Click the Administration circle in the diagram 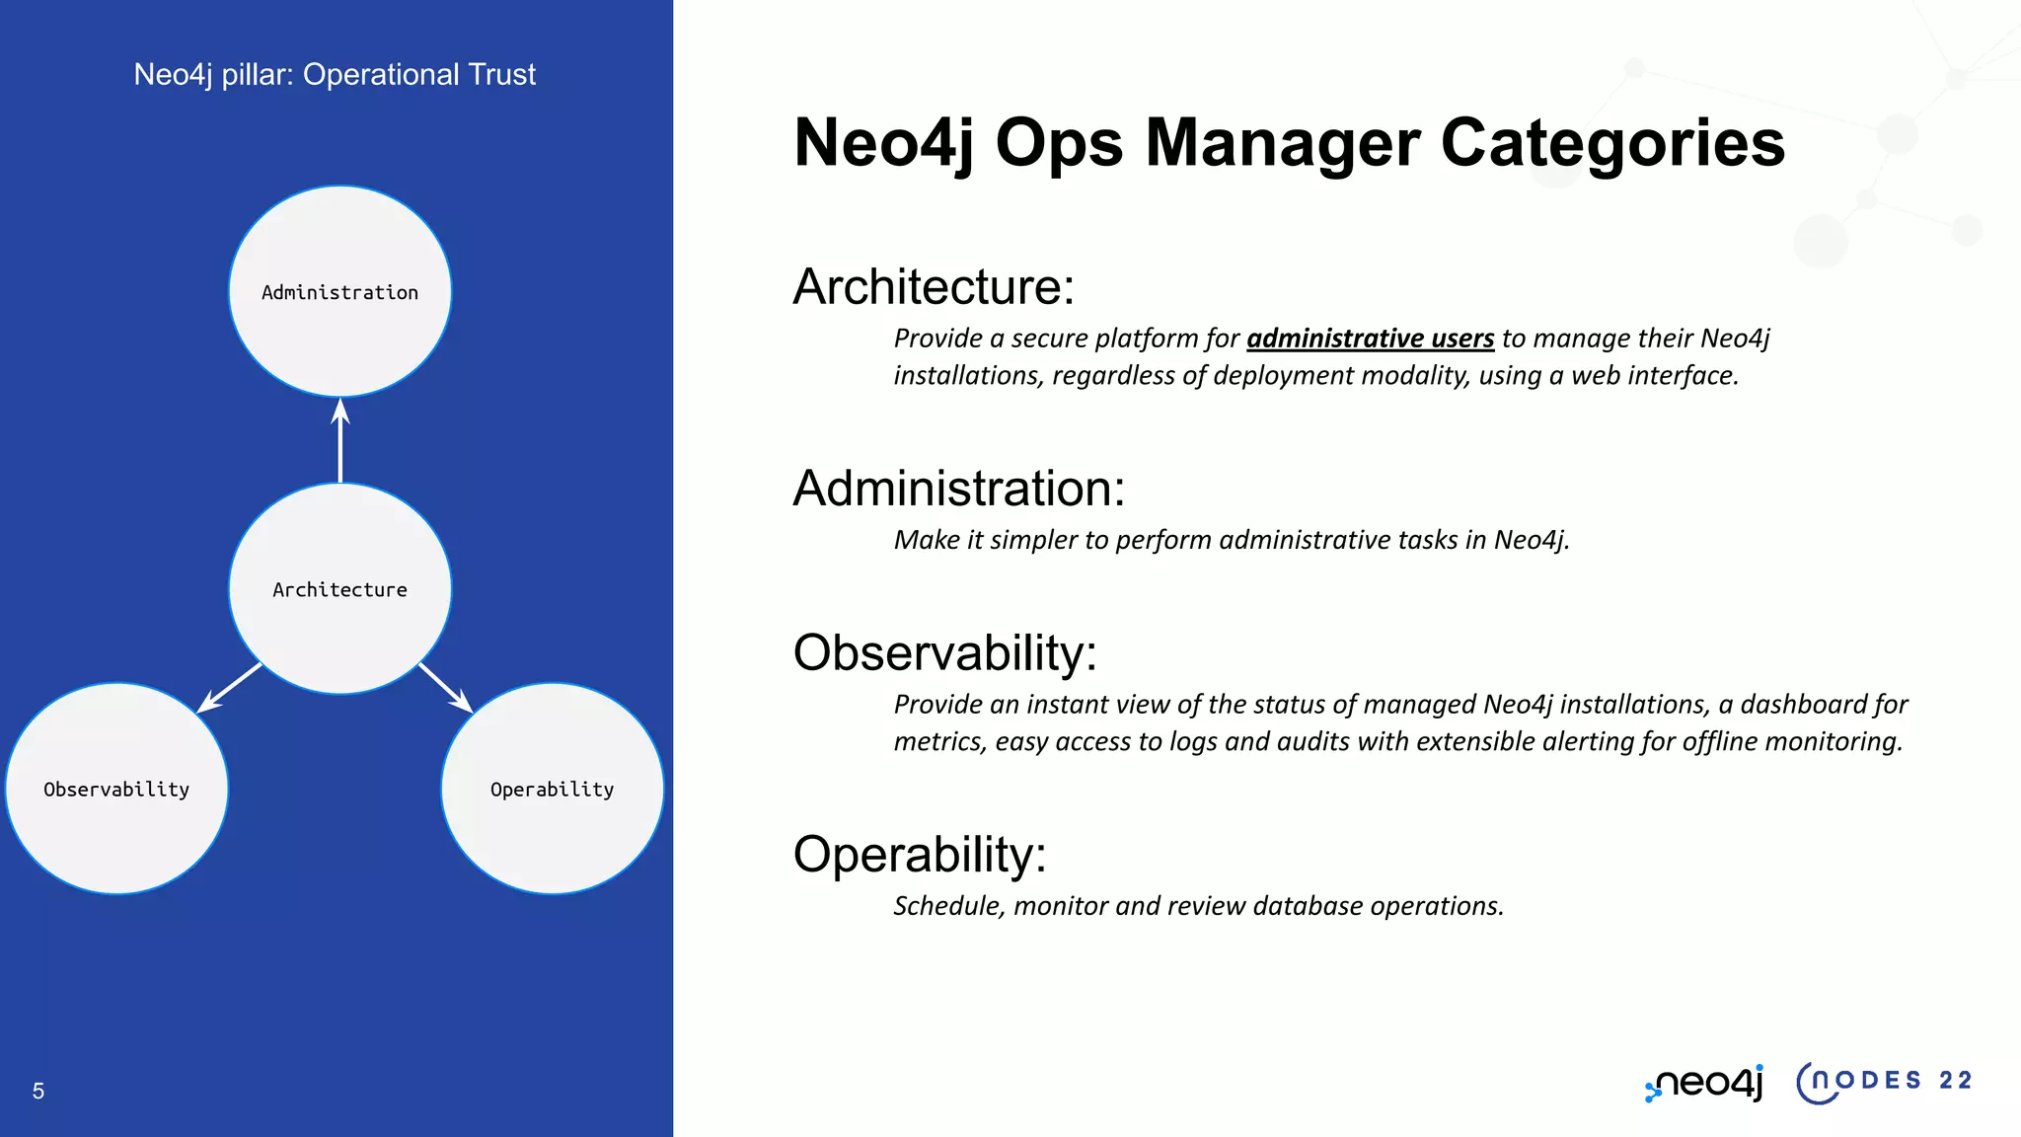click(x=339, y=291)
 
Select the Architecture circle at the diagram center click(x=339, y=588)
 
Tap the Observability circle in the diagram click(x=116, y=789)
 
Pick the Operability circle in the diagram click(x=552, y=789)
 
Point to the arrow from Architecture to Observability click(x=231, y=687)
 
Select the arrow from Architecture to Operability click(x=445, y=687)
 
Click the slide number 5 click(x=38, y=1091)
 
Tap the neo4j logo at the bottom click(x=1704, y=1083)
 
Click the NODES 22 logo click(x=1884, y=1082)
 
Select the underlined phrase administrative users click(x=1370, y=339)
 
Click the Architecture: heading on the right click(x=934, y=287)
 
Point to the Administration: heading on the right click(x=959, y=489)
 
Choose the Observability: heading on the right click(x=945, y=653)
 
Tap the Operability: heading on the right click(x=920, y=855)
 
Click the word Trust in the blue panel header click(x=502, y=74)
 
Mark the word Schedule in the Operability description click(x=949, y=906)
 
